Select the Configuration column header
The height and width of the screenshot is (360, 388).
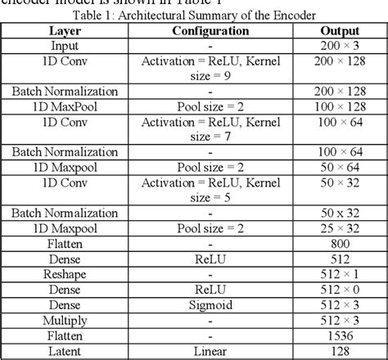tap(211, 30)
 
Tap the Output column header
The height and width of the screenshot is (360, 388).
tap(336, 30)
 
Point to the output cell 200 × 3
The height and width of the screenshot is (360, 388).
tap(336, 46)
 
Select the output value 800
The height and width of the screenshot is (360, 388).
tap(336, 243)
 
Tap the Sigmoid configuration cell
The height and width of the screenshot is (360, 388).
tap(211, 304)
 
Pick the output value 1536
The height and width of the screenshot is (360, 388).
tap(336, 334)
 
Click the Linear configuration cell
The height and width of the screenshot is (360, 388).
tap(211, 349)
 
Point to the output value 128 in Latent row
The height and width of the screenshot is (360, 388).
tap(336, 349)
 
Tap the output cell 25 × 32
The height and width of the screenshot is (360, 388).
tap(336, 228)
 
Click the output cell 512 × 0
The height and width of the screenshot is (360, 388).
tap(336, 289)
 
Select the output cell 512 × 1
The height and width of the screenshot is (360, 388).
tap(336, 273)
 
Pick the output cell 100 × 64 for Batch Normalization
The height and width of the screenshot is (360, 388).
tap(336, 152)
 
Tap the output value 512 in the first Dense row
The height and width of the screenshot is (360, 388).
tap(336, 259)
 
